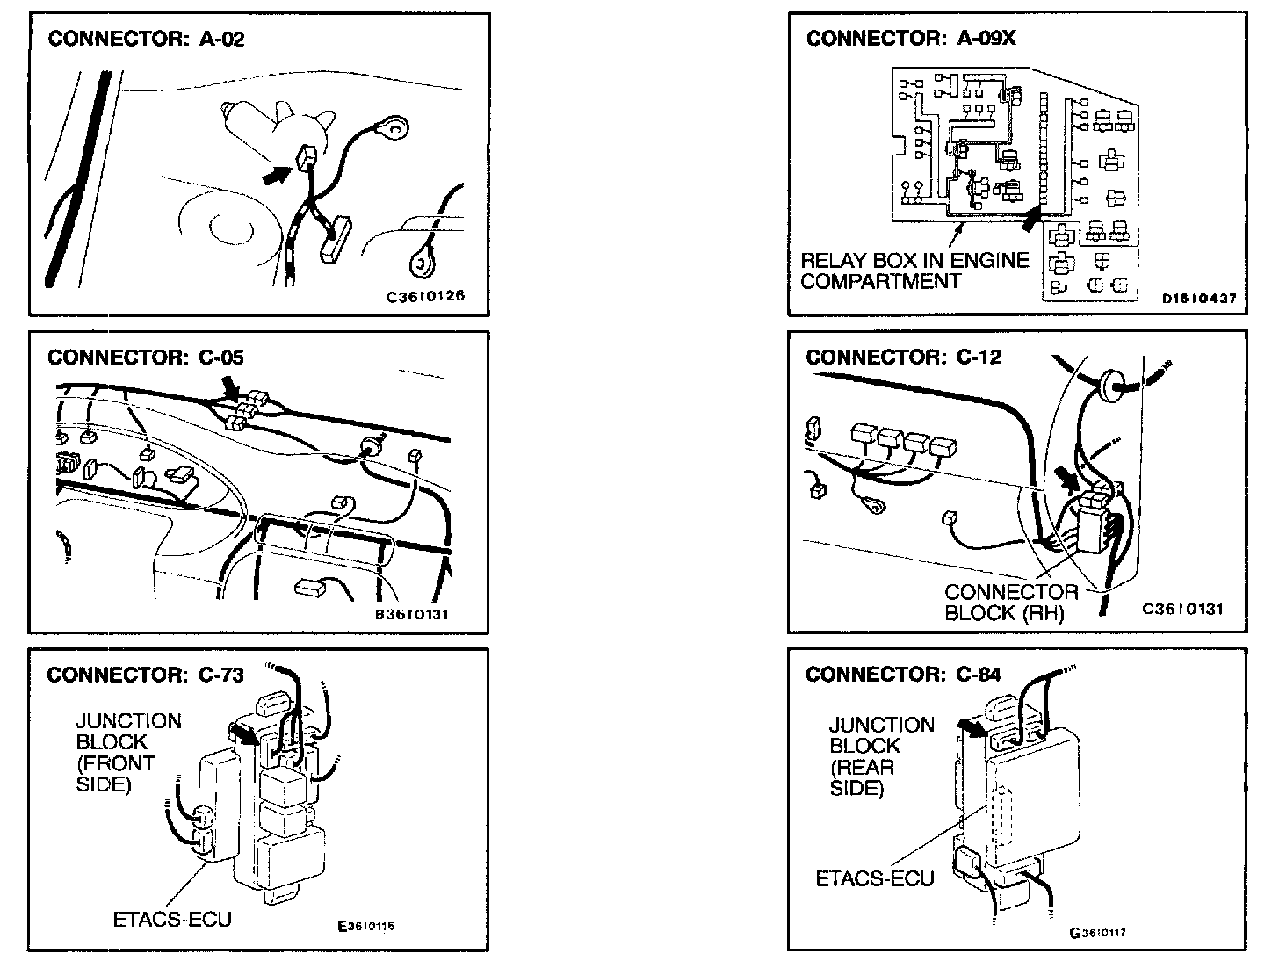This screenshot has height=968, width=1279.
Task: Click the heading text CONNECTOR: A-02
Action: click(x=146, y=39)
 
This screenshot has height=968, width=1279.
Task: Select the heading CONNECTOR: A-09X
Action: click(x=911, y=39)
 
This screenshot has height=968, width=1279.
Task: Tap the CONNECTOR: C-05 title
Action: click(x=146, y=357)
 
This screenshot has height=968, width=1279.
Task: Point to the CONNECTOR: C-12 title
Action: click(x=903, y=357)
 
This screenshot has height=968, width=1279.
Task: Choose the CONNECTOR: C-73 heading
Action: click(x=145, y=675)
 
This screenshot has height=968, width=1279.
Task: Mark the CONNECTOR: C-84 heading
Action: click(x=903, y=675)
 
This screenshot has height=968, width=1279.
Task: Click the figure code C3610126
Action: click(x=426, y=296)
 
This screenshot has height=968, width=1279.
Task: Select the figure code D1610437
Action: click(x=1199, y=298)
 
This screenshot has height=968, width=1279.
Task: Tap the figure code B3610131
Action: click(x=412, y=615)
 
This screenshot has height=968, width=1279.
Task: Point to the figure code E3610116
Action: click(x=366, y=926)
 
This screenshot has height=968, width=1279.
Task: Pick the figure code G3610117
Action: click(x=1097, y=933)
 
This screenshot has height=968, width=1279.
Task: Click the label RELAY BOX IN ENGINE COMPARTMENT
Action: click(x=914, y=271)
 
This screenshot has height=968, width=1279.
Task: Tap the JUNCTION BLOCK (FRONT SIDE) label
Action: click(x=129, y=753)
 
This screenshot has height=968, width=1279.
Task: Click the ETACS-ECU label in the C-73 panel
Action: click(x=172, y=919)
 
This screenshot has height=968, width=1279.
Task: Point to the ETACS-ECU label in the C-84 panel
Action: click(x=875, y=878)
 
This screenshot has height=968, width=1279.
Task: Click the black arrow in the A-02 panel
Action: click(x=277, y=175)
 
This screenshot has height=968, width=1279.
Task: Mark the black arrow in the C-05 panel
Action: click(x=231, y=389)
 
